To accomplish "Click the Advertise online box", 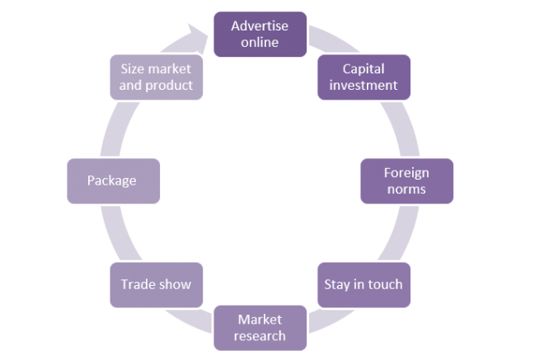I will point(260,34).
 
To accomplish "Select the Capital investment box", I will point(363,77).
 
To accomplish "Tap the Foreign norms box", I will point(406,180).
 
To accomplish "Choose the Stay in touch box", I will point(363,284).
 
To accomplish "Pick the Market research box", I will point(260,327).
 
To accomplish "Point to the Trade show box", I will point(156,284).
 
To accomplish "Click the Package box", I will point(113,180).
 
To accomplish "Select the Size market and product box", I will point(156,77).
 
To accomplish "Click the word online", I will point(260,42).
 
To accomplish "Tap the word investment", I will point(363,85).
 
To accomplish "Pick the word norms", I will point(406,189).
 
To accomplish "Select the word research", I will point(260,335).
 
